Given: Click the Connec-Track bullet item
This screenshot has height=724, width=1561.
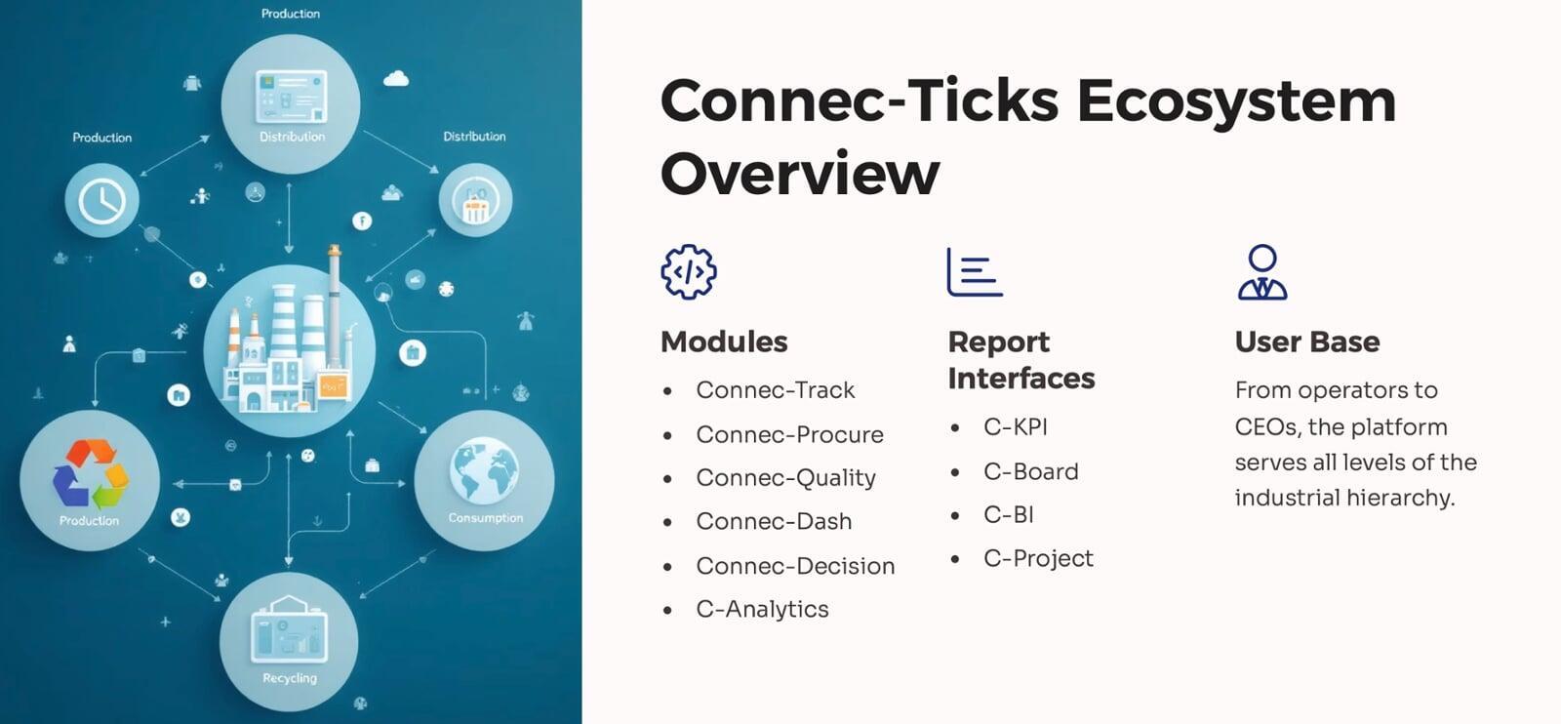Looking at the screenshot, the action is click(x=775, y=390).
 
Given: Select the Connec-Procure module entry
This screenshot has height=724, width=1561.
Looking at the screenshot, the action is click(x=789, y=435).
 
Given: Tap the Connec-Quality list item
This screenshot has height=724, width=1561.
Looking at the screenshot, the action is click(x=785, y=479).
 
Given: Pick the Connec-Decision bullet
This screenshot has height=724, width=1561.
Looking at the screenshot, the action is click(x=795, y=566).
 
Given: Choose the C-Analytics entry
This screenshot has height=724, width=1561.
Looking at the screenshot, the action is click(x=762, y=610).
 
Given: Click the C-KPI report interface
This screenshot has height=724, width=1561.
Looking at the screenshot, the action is click(x=1016, y=427).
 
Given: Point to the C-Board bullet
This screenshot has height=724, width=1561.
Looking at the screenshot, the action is click(x=1030, y=471).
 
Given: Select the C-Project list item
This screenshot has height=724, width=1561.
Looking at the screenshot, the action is click(x=1038, y=559).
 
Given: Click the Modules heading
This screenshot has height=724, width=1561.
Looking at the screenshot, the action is click(x=724, y=342).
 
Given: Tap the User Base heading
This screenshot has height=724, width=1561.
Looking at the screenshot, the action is click(x=1307, y=342).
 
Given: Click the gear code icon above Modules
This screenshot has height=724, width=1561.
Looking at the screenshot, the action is click(x=689, y=272).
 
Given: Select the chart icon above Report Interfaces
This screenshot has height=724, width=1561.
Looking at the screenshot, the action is click(x=975, y=272).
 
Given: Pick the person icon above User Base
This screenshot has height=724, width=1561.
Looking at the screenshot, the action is click(x=1262, y=272).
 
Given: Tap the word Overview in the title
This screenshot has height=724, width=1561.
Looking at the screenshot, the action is click(x=800, y=173).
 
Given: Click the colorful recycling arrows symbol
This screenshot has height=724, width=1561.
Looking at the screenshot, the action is click(x=91, y=474).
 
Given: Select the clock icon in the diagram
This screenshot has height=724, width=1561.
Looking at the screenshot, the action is click(x=101, y=201).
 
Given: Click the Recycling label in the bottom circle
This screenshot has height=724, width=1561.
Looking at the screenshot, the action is click(x=289, y=679).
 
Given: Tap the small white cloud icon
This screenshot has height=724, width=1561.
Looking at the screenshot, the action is click(x=396, y=79).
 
